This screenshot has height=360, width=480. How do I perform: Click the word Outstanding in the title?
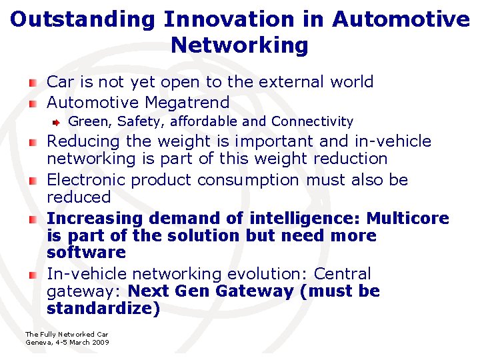83,19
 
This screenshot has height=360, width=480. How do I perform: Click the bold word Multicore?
408,219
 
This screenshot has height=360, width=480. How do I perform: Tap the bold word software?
86,253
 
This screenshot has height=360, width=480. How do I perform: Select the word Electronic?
86,180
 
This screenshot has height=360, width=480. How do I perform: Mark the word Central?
342,274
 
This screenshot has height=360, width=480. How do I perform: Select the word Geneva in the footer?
37,342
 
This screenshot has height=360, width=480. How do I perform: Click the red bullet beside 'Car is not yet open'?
33,83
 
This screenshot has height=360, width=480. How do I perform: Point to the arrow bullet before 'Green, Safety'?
58,122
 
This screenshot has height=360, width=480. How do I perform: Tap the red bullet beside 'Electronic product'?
33,181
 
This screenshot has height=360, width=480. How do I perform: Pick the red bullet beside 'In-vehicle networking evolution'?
33,275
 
